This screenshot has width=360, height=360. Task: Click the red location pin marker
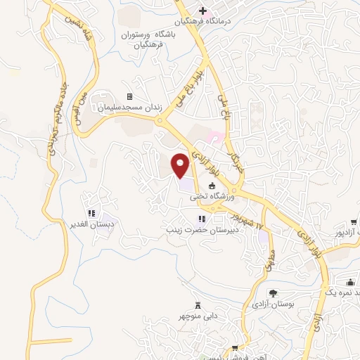(x=181, y=165)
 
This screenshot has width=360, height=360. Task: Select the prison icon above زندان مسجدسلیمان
(x=129, y=96)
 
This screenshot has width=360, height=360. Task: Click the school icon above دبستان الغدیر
(x=91, y=213)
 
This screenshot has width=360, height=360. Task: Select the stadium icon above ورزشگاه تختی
(x=212, y=186)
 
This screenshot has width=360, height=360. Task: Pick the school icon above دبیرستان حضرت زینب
(x=202, y=219)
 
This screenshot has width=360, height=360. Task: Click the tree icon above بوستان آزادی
(x=273, y=292)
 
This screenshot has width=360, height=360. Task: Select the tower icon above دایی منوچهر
(x=198, y=305)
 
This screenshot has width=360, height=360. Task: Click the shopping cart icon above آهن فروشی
(x=236, y=347)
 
